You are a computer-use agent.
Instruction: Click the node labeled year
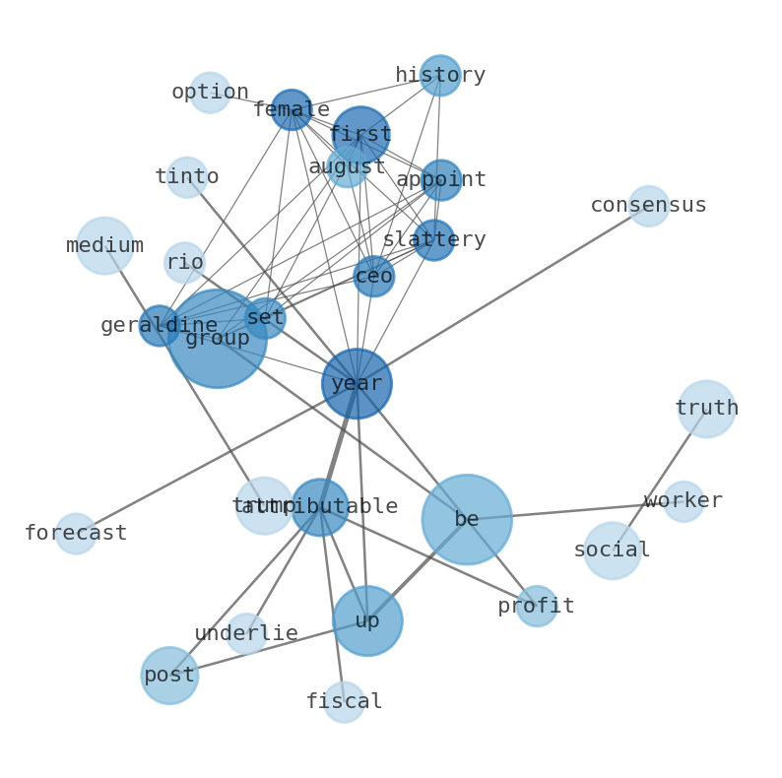(357, 383)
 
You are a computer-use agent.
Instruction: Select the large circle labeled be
(467, 519)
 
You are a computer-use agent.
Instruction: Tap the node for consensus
(649, 206)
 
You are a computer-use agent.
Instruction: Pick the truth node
(706, 409)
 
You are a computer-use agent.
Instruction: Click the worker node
(684, 501)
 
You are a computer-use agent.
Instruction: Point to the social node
(613, 551)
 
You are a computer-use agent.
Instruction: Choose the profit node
(537, 606)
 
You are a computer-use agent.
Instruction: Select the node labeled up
(367, 620)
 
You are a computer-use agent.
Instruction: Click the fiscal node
(344, 702)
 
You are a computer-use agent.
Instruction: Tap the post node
(169, 676)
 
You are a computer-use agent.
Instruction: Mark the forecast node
(76, 534)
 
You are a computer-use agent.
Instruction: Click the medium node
(105, 245)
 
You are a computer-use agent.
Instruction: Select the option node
(210, 93)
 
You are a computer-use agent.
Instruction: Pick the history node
(440, 76)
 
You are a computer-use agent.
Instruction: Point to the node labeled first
(360, 135)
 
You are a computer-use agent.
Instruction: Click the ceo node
(374, 277)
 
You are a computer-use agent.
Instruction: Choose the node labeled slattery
(433, 240)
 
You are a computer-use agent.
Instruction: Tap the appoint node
(441, 180)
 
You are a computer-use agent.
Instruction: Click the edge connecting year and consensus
(502, 294)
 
